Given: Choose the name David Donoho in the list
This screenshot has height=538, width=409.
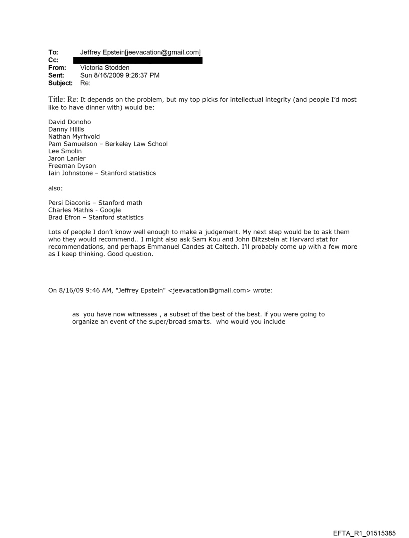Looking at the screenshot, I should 70,122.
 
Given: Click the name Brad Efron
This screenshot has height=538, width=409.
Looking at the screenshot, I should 65,218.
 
